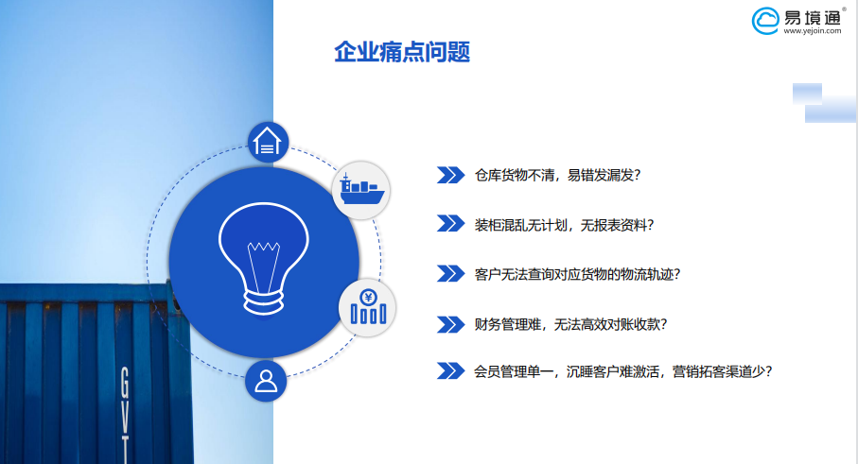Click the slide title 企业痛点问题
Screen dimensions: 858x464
[x=402, y=53]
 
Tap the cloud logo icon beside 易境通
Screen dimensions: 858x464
[x=765, y=21]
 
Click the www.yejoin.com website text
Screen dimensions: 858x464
[x=812, y=31]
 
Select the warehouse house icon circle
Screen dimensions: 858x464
[x=268, y=142]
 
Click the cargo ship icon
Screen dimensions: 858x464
[x=361, y=190]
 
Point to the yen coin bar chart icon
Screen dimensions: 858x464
[x=368, y=307]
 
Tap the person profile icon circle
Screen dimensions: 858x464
[x=266, y=381]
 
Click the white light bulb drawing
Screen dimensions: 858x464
[x=264, y=259]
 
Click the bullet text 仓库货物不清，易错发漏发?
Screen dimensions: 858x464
[x=557, y=176]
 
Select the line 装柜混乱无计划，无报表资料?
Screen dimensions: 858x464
[x=564, y=225]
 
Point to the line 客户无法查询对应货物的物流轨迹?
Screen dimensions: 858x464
[x=577, y=274]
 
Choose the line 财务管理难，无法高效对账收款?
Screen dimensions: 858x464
[x=570, y=325]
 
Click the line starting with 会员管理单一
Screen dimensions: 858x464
[x=623, y=371]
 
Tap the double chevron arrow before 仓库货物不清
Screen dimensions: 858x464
[x=450, y=175]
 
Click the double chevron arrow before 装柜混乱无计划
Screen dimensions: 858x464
[x=450, y=224]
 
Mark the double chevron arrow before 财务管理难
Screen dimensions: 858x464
[x=450, y=324]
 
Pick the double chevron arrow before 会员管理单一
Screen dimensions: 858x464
[x=450, y=370]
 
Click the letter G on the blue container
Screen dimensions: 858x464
[x=125, y=383]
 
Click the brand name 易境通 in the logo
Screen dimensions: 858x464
[x=812, y=18]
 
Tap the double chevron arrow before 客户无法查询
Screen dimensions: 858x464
[x=450, y=273]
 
